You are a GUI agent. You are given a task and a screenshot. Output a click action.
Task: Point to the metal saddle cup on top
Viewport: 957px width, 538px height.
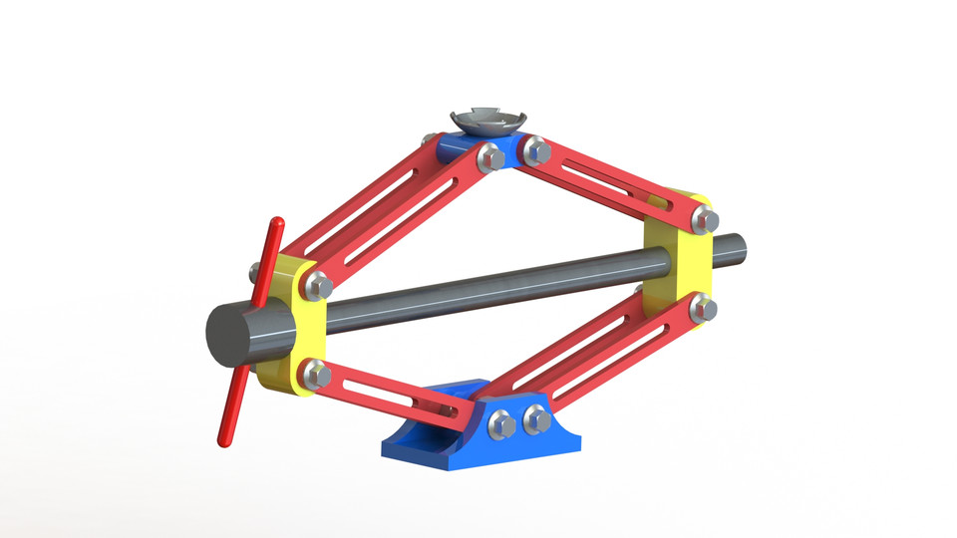(486, 121)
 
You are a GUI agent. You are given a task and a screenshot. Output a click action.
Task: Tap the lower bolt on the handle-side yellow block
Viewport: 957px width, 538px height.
(317, 376)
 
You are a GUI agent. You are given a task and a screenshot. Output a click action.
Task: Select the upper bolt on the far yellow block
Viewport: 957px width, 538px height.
(705, 220)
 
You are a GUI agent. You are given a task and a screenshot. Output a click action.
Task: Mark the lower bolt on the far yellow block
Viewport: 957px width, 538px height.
(703, 308)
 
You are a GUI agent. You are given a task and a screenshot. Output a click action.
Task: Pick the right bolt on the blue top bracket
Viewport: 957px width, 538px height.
(536, 152)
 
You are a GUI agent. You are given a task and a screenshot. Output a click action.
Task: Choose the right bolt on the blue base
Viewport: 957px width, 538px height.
(537, 419)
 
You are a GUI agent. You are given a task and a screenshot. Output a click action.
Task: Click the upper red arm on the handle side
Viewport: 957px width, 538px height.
(389, 209)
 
